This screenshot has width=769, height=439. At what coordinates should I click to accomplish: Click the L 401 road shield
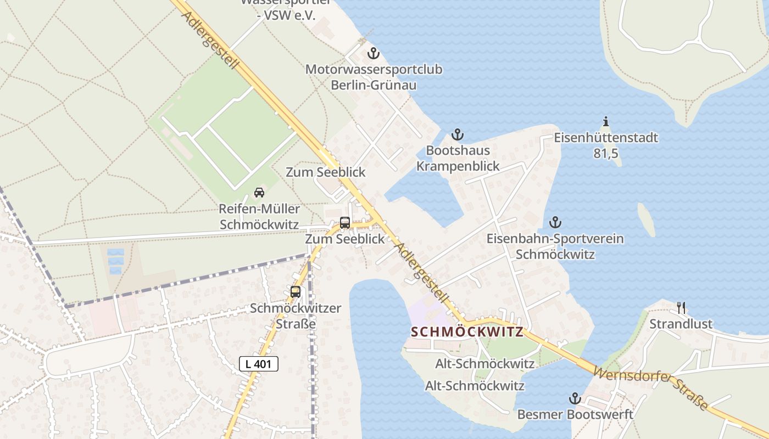point(259,363)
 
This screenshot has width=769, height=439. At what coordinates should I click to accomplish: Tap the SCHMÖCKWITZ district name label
point(467,332)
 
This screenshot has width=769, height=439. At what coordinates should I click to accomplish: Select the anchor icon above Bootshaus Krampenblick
point(457,134)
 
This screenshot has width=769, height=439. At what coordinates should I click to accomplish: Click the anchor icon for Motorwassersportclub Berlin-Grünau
point(374,54)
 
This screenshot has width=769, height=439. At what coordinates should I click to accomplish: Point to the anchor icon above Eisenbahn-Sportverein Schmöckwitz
point(555,222)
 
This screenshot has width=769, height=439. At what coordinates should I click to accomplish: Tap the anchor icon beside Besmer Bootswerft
point(575,398)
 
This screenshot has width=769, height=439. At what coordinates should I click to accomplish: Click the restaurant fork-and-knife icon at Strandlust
point(681,307)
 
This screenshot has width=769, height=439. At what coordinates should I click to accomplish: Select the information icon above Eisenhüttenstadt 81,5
point(606,121)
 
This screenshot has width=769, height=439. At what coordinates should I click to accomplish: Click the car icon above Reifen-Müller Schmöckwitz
point(259,193)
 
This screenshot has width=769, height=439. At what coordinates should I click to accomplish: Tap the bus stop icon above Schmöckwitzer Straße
point(296,292)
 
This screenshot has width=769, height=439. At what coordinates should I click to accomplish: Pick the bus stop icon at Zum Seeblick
point(345,223)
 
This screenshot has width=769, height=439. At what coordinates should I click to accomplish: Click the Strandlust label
point(681,324)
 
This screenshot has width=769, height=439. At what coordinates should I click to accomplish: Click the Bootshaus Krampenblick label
point(458,158)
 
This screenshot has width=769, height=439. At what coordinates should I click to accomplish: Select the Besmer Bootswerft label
point(575,414)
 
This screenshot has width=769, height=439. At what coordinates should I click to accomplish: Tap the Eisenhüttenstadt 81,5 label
point(606,145)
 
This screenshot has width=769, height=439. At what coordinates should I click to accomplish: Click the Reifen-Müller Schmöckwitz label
point(259,217)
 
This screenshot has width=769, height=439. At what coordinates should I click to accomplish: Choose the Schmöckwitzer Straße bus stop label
point(296,316)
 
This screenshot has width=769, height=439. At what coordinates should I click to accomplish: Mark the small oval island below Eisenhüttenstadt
point(647,219)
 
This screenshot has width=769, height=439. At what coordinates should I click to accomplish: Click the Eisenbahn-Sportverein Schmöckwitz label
point(555,246)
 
